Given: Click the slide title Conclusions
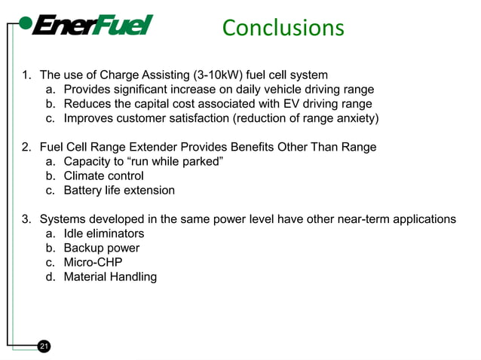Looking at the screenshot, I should coord(283,28).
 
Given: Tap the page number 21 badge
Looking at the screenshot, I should coord(44,346).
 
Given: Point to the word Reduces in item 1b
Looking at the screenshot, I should coord(88,104).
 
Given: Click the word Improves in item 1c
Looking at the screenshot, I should coord(89,118).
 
